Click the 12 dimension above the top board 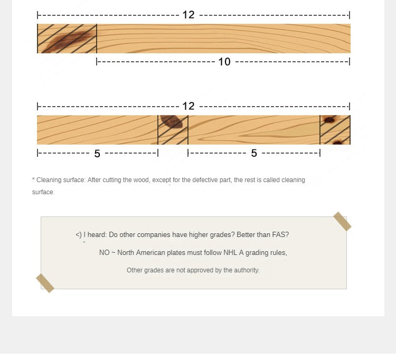188,15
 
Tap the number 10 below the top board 224,62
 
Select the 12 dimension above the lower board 188,106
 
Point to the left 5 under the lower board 97,154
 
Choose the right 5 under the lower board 254,153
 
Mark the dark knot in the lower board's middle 172,121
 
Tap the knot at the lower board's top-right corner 329,119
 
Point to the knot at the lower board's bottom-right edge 337,142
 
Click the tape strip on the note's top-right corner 342,221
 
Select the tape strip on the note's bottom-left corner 45,283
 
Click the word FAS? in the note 280,235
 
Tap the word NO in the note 105,253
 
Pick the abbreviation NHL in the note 230,253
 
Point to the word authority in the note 247,270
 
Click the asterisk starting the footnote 33,179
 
